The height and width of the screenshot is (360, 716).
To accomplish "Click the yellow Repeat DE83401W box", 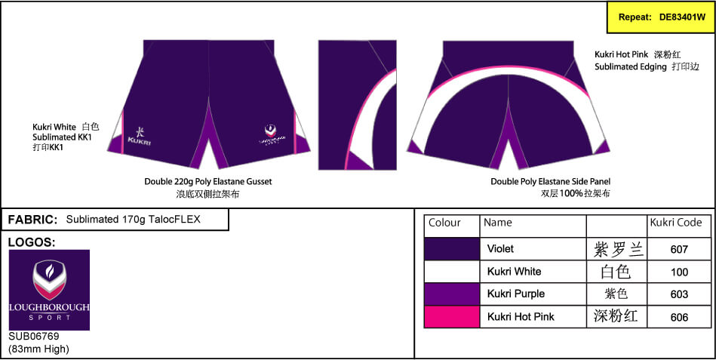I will pyautogui.click(x=660, y=17).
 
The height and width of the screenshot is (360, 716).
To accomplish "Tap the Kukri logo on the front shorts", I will pyautogui.click(x=139, y=135).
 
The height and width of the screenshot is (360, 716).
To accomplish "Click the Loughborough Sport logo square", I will pyautogui.click(x=49, y=290).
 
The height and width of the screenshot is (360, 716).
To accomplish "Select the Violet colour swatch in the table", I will pyautogui.click(x=452, y=248).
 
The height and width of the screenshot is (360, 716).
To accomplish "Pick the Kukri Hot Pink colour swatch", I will pyautogui.click(x=452, y=316).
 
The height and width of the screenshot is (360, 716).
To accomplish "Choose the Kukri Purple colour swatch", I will pyautogui.click(x=452, y=294).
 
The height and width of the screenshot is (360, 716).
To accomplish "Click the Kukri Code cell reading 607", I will pyautogui.click(x=679, y=249).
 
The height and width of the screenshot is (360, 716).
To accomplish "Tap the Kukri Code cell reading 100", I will pyautogui.click(x=679, y=272).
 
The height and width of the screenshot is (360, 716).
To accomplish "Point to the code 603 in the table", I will pyautogui.click(x=679, y=294).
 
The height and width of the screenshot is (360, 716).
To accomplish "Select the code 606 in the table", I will pyautogui.click(x=679, y=317).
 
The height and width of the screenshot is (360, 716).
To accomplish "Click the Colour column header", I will pyautogui.click(x=444, y=223).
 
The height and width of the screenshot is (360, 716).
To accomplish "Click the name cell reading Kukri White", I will pyautogui.click(x=514, y=272).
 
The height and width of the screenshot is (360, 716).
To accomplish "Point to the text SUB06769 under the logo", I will pyautogui.click(x=34, y=337).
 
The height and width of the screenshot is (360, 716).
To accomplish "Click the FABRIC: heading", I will pyautogui.click(x=33, y=220).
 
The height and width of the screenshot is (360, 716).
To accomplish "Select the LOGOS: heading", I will pyautogui.click(x=32, y=243).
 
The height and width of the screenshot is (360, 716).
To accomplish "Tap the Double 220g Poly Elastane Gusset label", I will pyautogui.click(x=208, y=182).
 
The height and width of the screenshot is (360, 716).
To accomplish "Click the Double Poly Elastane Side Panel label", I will pyautogui.click(x=550, y=182).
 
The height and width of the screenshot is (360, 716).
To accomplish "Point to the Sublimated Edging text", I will pyautogui.click(x=631, y=66).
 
